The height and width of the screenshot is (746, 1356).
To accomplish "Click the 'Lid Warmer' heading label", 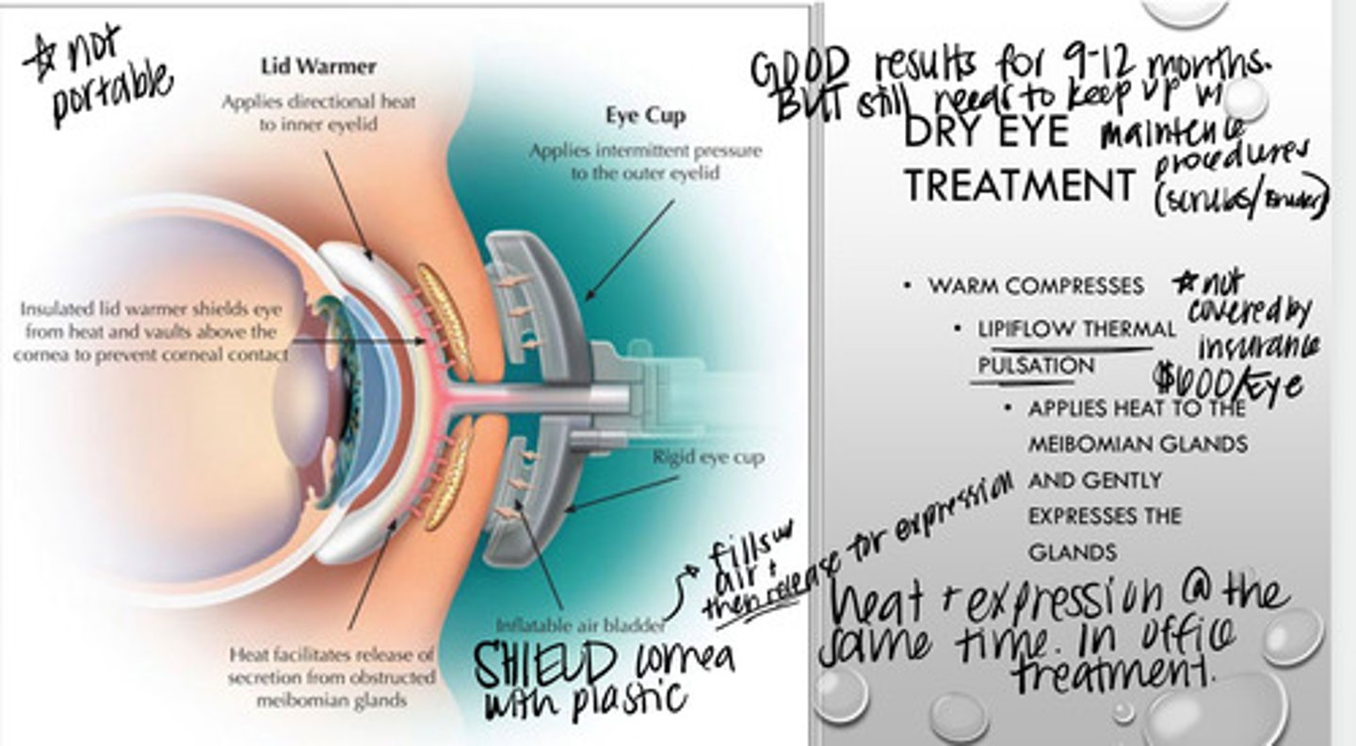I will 317,66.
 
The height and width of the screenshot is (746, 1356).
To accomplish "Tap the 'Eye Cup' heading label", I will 645,116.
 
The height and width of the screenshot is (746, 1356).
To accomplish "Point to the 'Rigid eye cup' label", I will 708,458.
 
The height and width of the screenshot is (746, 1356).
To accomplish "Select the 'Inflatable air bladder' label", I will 582,624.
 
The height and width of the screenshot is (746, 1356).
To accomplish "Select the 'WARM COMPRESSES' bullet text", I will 1036,285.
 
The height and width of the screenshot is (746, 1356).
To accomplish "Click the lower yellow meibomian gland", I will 446,474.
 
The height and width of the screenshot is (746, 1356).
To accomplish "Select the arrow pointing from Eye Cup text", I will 630,249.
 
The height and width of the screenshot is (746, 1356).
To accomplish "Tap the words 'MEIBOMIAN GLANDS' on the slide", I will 1138,444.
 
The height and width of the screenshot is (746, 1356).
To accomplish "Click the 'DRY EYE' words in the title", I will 985,133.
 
